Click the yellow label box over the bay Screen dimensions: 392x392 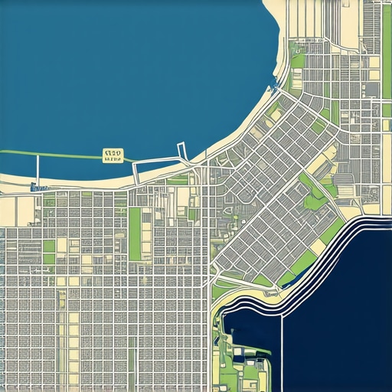click(x=112, y=156)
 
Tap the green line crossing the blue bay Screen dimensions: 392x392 click(x=69, y=155)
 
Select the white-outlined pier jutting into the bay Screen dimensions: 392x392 click(x=182, y=152)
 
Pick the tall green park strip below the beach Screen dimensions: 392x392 click(x=135, y=234)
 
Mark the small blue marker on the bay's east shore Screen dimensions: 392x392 click(x=274, y=80)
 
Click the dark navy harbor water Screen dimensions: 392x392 click(x=337, y=322)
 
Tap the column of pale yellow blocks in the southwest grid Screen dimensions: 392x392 click(x=74, y=337)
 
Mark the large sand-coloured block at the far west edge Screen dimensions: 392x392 click(x=8, y=211)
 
